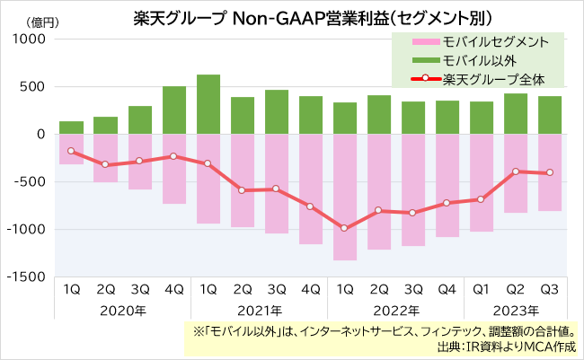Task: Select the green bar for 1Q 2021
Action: (208, 104)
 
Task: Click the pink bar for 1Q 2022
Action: (344, 197)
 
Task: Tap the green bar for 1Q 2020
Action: (72, 127)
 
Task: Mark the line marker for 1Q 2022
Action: (344, 228)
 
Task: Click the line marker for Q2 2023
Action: (515, 171)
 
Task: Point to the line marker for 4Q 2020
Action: (174, 156)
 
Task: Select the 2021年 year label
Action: (259, 311)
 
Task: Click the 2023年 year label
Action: (515, 311)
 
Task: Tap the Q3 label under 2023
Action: (549, 291)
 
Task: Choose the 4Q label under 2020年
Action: (174, 291)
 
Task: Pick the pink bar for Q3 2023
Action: (549, 172)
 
